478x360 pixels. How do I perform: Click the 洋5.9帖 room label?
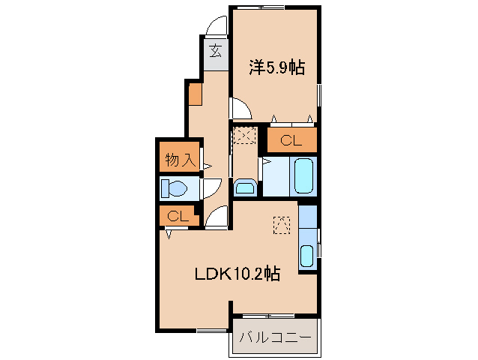coord(276,68)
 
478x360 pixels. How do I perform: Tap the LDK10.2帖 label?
coord(238,274)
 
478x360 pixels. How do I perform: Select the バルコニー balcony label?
coord(275,338)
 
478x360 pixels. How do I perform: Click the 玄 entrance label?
coord(215,52)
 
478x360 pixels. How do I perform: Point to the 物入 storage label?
coord(180,159)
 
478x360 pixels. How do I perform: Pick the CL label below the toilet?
coord(177,216)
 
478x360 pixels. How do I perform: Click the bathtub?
coord(304,177)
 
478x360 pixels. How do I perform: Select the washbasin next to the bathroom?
coord(245,186)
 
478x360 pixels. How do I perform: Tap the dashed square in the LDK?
coord(281,224)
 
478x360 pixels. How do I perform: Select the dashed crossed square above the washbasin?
coord(245,137)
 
